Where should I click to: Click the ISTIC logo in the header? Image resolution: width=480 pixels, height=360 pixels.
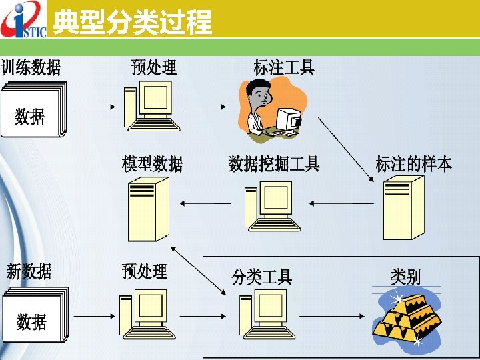[24, 20]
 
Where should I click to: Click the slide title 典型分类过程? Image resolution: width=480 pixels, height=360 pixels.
[132, 22]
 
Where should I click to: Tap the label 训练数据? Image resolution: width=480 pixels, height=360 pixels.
[31, 67]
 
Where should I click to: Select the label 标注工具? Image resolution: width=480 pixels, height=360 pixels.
[284, 67]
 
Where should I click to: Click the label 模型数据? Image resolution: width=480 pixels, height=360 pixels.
[153, 163]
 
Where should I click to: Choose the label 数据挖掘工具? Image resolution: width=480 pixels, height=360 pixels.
[274, 163]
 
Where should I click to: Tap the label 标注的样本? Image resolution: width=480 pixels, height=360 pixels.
[413, 163]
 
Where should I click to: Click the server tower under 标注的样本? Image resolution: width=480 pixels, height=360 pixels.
[404, 210]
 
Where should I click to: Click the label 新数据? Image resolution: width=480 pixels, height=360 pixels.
[29, 271]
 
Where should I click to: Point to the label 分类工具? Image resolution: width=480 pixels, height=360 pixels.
[261, 276]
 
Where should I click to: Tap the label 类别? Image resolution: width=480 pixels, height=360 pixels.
[405, 276]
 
